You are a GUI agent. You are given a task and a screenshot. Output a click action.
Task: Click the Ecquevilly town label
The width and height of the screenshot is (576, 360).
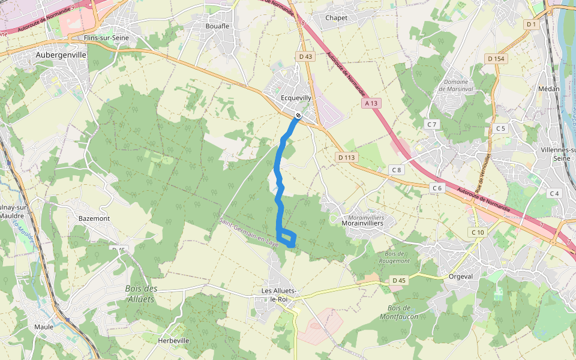coord(296,98)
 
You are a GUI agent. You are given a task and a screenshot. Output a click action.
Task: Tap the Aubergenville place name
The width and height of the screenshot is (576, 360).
coord(61,55)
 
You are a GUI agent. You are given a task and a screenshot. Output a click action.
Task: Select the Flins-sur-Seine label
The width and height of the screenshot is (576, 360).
coord(107,38)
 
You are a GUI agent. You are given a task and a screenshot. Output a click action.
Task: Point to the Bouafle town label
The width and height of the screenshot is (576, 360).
coord(217,26)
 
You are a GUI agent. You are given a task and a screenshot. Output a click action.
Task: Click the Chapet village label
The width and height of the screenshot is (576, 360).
coord(336,17)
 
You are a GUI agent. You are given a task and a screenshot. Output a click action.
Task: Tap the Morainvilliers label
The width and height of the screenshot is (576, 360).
coord(362,223)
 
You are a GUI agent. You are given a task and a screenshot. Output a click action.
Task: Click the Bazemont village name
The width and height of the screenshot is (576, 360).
coord(94,218)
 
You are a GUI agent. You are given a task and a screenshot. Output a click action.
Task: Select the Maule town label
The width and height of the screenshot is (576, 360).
coord(44,327)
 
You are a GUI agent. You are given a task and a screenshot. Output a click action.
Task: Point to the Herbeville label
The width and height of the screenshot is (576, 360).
coord(173,340)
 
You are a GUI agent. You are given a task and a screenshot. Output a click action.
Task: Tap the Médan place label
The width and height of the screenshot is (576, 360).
coord(549,89)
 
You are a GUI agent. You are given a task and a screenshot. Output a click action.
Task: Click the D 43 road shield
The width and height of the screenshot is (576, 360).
coord(305,56)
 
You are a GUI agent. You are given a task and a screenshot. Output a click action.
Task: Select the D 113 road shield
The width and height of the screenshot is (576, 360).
coord(346,157)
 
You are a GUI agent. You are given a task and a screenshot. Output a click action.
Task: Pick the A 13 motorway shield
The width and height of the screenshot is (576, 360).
coord(371,103)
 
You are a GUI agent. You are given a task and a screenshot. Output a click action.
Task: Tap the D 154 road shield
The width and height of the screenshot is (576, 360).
coord(496,58)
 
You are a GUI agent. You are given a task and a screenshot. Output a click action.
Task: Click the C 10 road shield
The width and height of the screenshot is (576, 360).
coord(478,232)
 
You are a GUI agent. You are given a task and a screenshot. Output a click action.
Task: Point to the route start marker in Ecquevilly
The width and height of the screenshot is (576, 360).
coord(298,115)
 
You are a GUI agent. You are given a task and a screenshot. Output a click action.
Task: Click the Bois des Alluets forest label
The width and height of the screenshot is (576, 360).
coord(142,293)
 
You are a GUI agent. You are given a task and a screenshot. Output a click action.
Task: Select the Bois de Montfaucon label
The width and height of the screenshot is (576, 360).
coord(398,312)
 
